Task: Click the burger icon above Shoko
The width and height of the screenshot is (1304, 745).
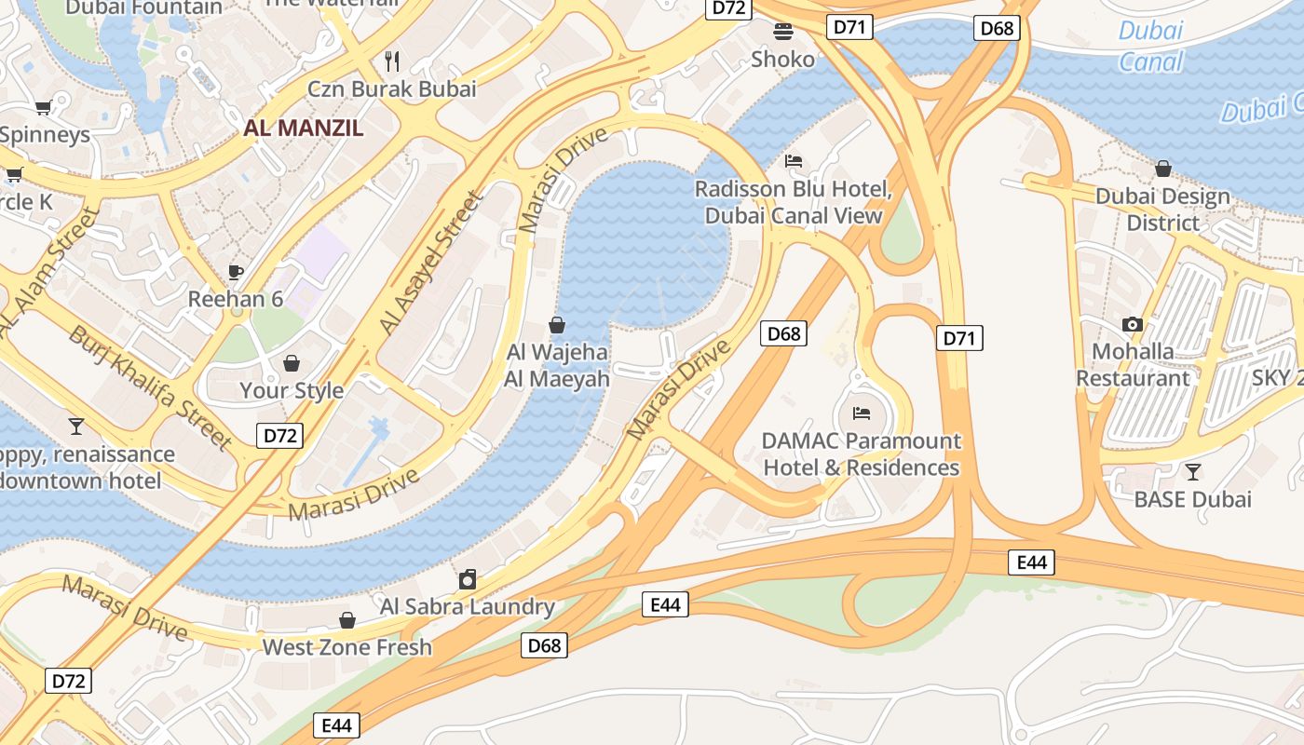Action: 783,32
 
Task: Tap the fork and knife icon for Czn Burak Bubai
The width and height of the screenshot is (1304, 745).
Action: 392,61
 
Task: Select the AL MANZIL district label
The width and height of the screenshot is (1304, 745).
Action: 304,129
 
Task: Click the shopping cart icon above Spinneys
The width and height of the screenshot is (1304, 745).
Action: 43,107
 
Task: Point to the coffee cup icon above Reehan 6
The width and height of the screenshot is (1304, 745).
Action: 236,272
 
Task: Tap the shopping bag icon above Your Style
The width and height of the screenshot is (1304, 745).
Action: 292,362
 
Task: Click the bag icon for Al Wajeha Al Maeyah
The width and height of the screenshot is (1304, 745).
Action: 557,325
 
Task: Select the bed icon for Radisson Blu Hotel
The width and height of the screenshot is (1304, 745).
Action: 794,161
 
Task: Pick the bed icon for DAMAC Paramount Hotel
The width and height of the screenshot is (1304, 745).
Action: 862,413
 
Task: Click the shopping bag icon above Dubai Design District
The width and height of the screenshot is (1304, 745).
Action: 1162,169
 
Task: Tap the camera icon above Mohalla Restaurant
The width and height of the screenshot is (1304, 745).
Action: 1133,324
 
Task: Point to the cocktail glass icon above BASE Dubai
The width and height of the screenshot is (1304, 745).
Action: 1192,471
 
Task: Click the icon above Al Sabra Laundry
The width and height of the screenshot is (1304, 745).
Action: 468,579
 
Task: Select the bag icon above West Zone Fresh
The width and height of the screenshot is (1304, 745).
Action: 347,620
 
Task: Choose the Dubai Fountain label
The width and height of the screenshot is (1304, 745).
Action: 144,7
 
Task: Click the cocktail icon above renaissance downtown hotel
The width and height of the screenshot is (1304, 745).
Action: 76,427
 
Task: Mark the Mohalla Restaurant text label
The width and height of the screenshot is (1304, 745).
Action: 1134,365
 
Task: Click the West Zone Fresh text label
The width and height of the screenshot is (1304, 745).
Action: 347,647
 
